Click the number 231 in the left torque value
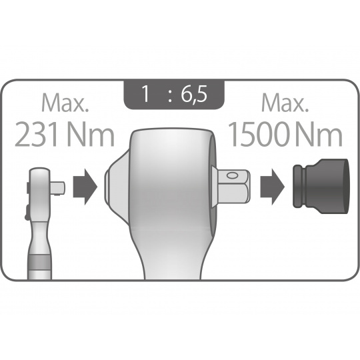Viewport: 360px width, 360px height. [x=39, y=135]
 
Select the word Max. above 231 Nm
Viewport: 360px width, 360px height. [x=65, y=103]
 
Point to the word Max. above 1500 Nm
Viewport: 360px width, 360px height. [x=285, y=103]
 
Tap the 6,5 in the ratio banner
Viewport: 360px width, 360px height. [x=194, y=94]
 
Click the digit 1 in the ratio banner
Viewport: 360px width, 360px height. [x=146, y=93]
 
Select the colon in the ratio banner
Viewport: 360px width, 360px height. [x=170, y=97]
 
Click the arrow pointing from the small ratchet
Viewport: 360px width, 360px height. [x=85, y=187]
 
